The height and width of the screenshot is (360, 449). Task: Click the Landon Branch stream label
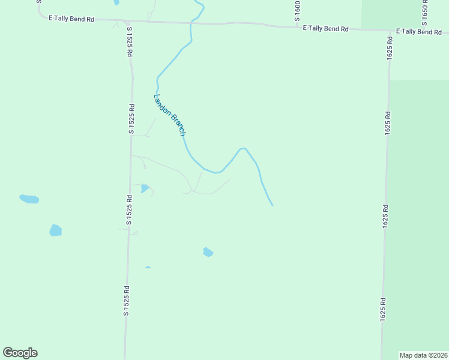coord(170,115)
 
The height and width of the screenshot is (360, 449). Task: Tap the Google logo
coord(20,353)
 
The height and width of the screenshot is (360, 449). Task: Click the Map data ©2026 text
coord(424,355)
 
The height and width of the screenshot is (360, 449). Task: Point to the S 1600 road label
coord(297,11)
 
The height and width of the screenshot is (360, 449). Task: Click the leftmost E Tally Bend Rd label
coord(71,19)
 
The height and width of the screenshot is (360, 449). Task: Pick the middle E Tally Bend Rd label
coord(326,28)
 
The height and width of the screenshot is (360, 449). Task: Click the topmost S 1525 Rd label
coord(129,41)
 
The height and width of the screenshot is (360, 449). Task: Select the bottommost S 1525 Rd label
coord(127,301)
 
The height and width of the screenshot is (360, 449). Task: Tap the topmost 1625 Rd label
coord(390,47)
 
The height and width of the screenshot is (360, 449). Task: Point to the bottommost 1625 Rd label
coord(382,310)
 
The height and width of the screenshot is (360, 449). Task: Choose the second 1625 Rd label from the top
coord(388,122)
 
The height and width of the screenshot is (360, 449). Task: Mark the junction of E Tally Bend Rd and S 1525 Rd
coord(128,22)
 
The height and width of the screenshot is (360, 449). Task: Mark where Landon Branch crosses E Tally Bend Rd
coord(191,23)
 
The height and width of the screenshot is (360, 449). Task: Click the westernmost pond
coord(29,199)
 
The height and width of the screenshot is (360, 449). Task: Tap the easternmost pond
coord(208,252)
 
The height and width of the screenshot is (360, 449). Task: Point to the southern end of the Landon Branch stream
coord(273,205)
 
